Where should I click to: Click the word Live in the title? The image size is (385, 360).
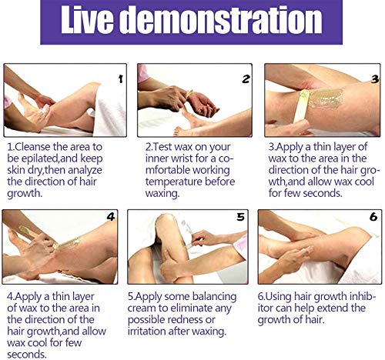pos(87,20)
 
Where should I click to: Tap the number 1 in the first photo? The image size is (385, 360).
pos(120,79)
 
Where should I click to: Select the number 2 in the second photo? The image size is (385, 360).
pos(246,79)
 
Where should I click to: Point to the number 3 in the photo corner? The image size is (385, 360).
pos(375,79)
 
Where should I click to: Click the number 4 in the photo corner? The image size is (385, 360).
pos(111,217)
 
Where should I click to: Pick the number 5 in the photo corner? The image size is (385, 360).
pos(240,217)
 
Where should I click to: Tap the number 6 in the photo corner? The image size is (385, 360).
pos(373,217)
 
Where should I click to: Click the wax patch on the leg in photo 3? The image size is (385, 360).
pos(326,98)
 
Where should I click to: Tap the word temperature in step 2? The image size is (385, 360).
pos(173,182)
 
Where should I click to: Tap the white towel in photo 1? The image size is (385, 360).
pos(110,110)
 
